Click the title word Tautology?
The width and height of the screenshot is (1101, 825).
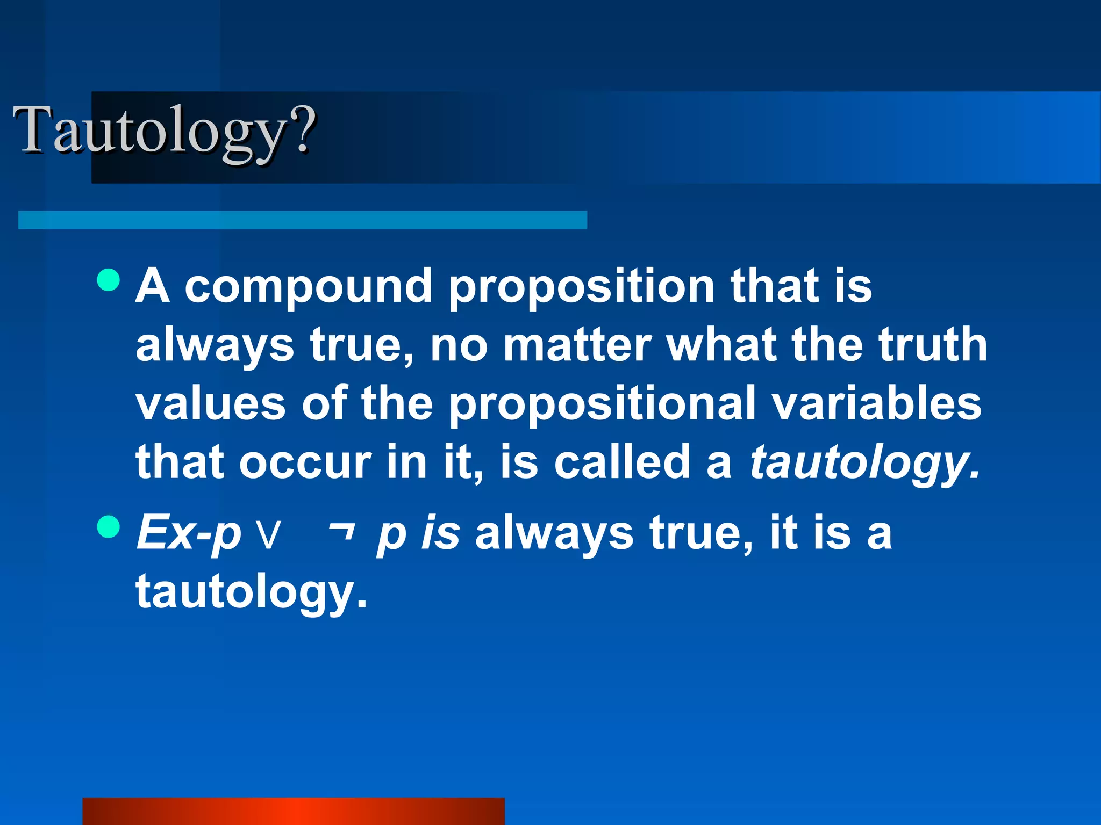(165, 131)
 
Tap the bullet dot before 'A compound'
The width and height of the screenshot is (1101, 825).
(109, 280)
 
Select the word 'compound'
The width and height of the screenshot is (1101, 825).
(309, 287)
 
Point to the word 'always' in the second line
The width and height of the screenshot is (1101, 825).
(215, 346)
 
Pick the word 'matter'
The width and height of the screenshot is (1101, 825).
(577, 345)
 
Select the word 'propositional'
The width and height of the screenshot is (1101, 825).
(602, 405)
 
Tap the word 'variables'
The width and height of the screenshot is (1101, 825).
(877, 404)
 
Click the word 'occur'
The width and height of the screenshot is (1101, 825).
(305, 463)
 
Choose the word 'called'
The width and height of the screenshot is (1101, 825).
(622, 463)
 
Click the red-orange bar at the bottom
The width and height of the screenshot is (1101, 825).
(294, 811)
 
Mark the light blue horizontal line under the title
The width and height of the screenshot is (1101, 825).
(302, 220)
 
